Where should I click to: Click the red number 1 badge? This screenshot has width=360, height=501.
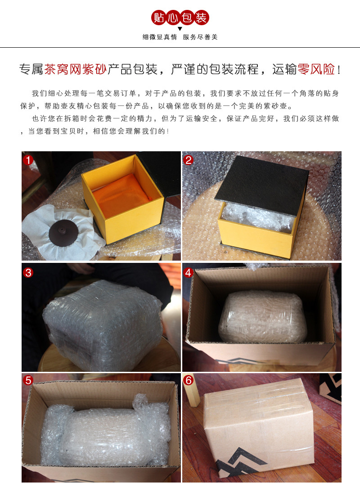coord(28,160)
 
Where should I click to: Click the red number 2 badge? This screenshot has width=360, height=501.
coord(189,160)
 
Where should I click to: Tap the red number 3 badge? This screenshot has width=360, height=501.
coord(28,272)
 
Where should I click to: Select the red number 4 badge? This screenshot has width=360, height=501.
coord(189,272)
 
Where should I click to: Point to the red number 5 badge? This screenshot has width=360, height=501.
coord(28,380)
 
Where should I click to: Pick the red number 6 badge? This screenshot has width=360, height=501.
coord(189,380)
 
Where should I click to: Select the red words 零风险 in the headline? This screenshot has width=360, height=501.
coord(316,69)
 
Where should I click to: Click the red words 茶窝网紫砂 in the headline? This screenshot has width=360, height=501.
coord(75,69)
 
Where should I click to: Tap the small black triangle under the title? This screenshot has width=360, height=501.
coord(180,29)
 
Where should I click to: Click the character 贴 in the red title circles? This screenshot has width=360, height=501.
coord(159,17)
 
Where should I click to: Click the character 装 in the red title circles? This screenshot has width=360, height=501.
coord(201,17)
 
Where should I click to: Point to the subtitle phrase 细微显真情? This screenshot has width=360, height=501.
coord(160,37)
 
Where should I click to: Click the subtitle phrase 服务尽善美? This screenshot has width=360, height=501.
coord(200,37)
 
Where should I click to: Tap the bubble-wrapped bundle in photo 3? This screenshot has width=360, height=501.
coord(102,324)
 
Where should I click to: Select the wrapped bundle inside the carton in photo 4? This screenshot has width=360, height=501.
coord(262,316)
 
